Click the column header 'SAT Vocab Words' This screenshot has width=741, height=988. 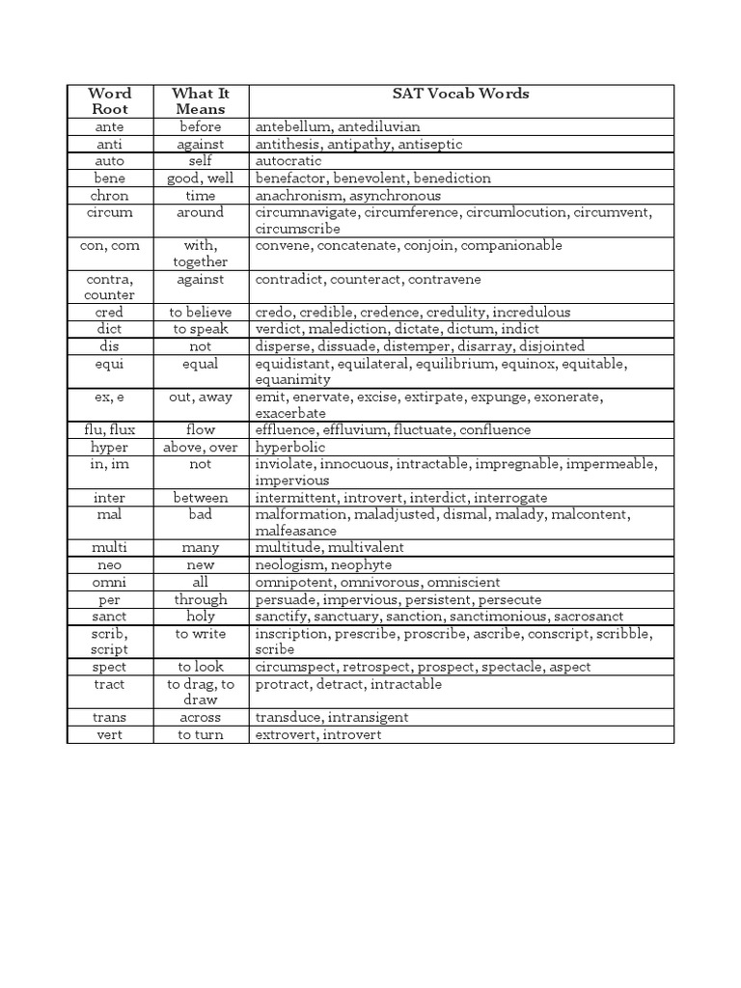[x=460, y=94]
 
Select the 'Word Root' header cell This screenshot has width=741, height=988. [x=109, y=101]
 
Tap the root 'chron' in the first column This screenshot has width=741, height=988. [x=109, y=196]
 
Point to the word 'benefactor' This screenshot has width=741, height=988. [x=288, y=178]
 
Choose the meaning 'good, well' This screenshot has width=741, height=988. [x=200, y=178]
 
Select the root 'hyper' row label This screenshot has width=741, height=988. [x=109, y=448]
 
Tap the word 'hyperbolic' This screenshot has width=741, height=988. [x=289, y=448]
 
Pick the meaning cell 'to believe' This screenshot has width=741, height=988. [x=200, y=313]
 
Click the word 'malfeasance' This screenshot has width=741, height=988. [x=295, y=531]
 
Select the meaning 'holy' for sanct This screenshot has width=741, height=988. [x=200, y=616]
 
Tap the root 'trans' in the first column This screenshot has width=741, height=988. [x=109, y=718]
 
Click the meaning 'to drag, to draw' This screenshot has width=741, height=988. [x=200, y=692]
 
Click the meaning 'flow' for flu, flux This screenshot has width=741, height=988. [x=200, y=430]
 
